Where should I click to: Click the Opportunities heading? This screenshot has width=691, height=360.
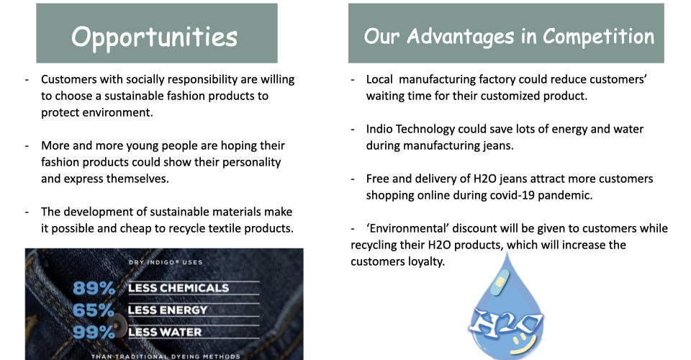[x=154, y=37]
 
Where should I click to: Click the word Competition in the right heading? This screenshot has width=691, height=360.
[x=598, y=37]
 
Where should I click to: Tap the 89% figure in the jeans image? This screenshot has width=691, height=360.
[x=94, y=288]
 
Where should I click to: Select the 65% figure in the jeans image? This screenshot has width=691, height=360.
[x=94, y=310]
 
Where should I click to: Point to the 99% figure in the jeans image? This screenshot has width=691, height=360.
[x=94, y=332]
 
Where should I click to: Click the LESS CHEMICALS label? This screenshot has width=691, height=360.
[x=179, y=288]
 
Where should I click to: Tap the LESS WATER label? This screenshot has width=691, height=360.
[x=165, y=332]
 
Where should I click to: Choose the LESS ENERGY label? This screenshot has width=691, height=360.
[x=168, y=310]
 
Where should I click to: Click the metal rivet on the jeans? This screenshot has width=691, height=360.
[x=117, y=326]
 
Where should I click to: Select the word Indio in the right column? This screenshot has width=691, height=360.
[x=379, y=129]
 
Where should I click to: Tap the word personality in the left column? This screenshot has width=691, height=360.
[x=252, y=163]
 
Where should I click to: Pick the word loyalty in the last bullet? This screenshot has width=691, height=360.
[x=426, y=262]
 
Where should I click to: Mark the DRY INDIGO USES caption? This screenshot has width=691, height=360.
[x=166, y=262]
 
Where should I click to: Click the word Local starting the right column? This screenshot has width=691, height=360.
[x=379, y=79]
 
